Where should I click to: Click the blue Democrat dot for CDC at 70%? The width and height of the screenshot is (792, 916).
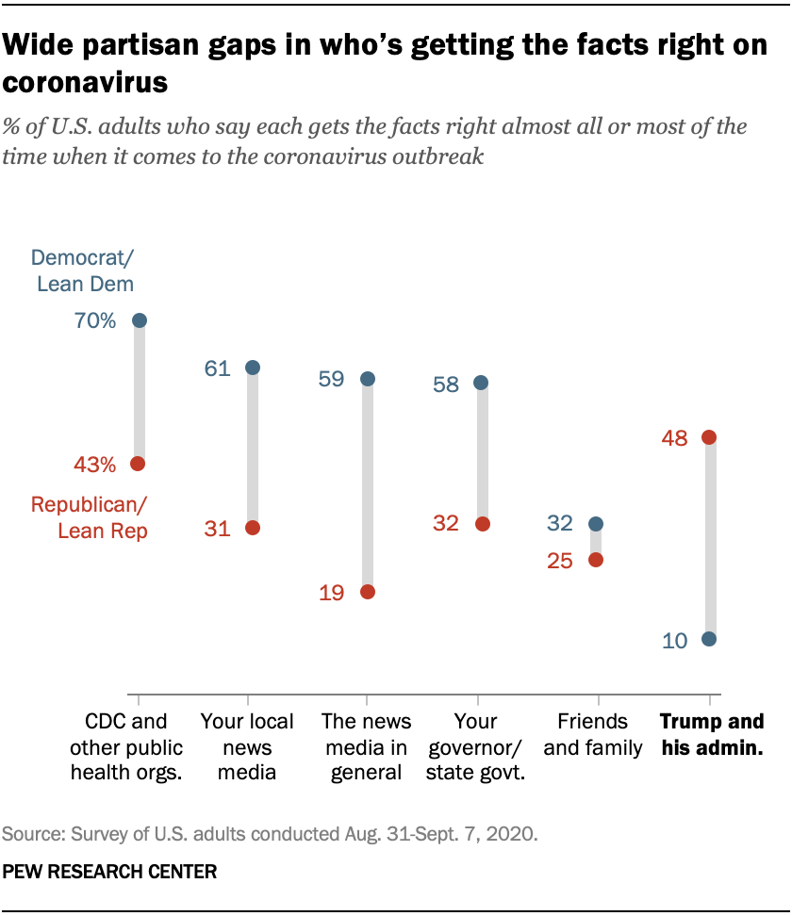pyautogui.click(x=140, y=320)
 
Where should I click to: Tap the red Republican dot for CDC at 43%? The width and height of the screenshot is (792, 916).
pyautogui.click(x=139, y=464)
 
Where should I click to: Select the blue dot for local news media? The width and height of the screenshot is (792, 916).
pyautogui.click(x=253, y=368)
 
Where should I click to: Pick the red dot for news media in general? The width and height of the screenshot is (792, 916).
pyautogui.click(x=368, y=592)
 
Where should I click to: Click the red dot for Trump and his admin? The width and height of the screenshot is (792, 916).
pyautogui.click(x=709, y=437)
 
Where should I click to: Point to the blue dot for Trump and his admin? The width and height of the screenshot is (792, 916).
pyautogui.click(x=709, y=639)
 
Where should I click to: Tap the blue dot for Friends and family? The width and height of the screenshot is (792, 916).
pyautogui.click(x=596, y=523)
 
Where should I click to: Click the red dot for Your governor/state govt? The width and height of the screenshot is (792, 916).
pyautogui.click(x=482, y=524)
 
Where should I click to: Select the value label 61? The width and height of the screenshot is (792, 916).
pyautogui.click(x=218, y=368)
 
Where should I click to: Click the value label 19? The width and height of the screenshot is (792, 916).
pyautogui.click(x=331, y=593)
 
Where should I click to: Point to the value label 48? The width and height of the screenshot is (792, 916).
pyautogui.click(x=674, y=438)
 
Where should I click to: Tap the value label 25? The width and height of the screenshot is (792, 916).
pyautogui.click(x=560, y=561)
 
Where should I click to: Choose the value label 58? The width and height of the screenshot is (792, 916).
pyautogui.click(x=446, y=384)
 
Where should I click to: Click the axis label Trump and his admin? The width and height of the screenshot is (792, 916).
pyautogui.click(x=711, y=735)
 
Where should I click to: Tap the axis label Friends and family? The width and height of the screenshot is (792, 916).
pyautogui.click(x=593, y=735)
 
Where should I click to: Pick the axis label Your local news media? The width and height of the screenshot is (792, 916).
pyautogui.click(x=247, y=747)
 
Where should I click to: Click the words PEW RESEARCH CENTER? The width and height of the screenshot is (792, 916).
pyautogui.click(x=109, y=873)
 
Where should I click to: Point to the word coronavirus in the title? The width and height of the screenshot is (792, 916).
pyautogui.click(x=86, y=83)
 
